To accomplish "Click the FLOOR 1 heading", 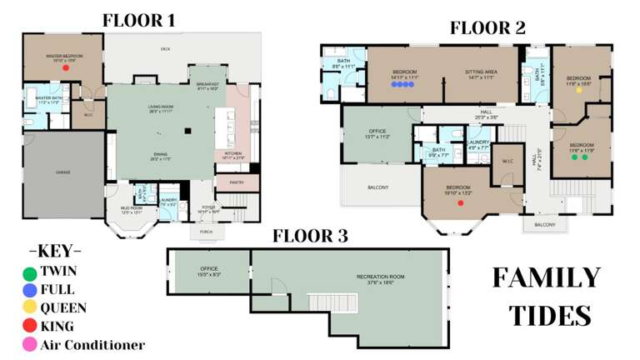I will click(144, 20).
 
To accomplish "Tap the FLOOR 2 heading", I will click(487, 27).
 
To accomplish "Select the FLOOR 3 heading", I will click(310, 236).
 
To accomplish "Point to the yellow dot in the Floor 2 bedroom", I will click(578, 91).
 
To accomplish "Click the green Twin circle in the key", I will click(30, 272).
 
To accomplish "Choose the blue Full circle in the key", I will click(30, 290).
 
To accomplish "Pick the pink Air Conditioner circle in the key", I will click(30, 344).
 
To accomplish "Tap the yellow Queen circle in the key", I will click(30, 308).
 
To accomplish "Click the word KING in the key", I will click(57, 327).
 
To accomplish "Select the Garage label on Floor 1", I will click(63, 172).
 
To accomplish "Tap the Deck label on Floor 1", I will click(165, 49).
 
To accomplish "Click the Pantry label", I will click(236, 182).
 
